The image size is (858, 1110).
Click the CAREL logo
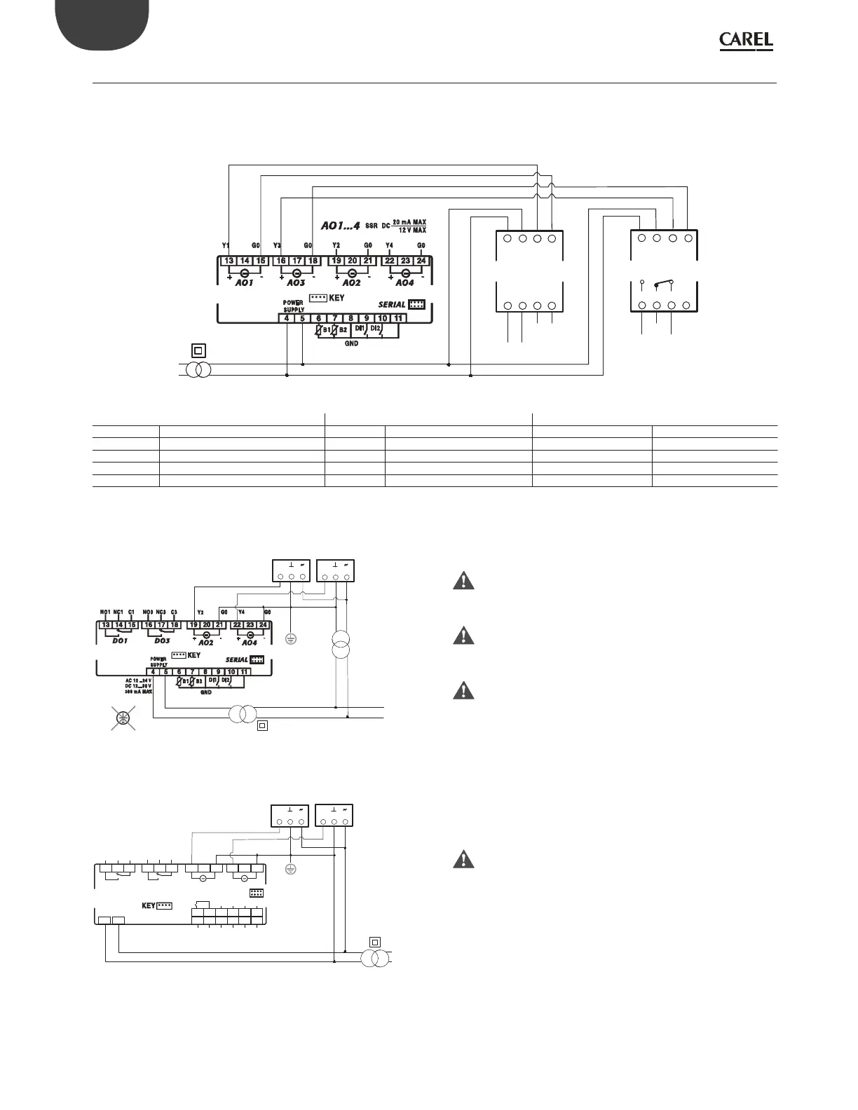coord(746,42)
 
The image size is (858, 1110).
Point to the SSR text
coord(372,226)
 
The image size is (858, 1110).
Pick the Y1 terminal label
coord(226,245)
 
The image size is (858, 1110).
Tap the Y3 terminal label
coord(277,245)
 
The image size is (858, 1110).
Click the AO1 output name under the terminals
coord(244,282)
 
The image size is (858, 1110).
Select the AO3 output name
coord(296,282)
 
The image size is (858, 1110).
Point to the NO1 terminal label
coord(105,612)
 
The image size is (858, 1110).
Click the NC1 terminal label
coord(118,612)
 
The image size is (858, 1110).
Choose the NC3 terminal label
coord(161,612)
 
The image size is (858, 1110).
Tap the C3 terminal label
coord(174,612)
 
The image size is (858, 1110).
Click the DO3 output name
coord(162,641)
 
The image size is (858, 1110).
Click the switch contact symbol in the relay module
coord(663,285)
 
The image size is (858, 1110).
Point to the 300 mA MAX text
coord(139,692)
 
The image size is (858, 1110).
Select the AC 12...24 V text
coord(139,680)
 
